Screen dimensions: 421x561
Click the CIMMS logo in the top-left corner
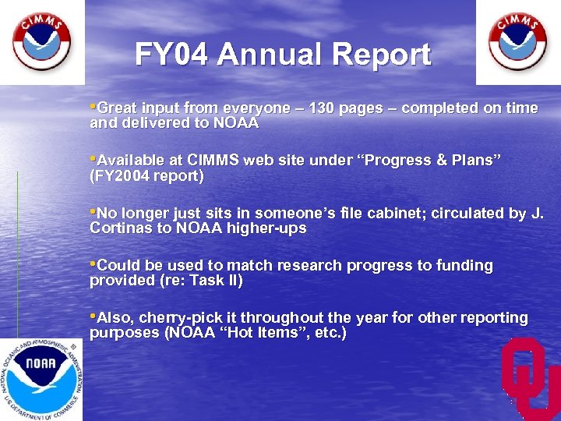click(41, 41)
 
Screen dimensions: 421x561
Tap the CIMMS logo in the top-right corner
click(517, 41)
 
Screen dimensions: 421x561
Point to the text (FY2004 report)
click(147, 176)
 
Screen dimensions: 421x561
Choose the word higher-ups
click(268, 228)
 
